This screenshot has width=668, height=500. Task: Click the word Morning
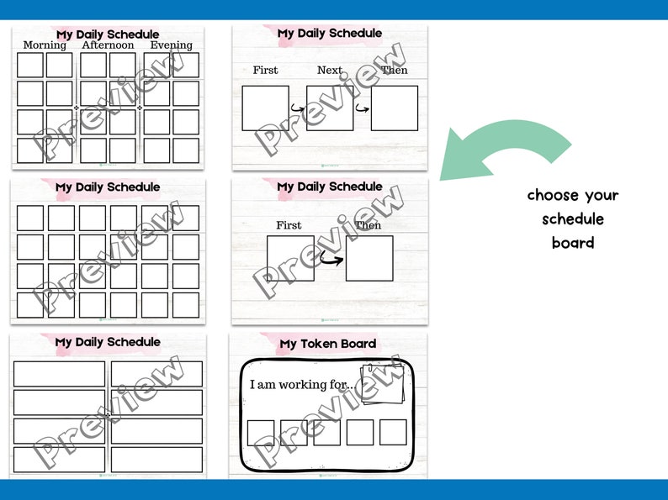pyautogui.click(x=45, y=45)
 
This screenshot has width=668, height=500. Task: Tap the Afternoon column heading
pyautogui.click(x=108, y=45)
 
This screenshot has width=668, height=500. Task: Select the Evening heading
pyautogui.click(x=171, y=45)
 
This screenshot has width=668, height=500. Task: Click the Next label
pyautogui.click(x=330, y=71)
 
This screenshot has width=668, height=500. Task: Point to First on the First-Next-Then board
pyautogui.click(x=265, y=71)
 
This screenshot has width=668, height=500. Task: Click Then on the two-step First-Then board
pyautogui.click(x=368, y=225)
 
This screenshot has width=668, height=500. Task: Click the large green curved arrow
pyautogui.click(x=505, y=151)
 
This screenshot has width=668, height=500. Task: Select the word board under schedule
pyautogui.click(x=573, y=243)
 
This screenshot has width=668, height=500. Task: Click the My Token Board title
pyautogui.click(x=328, y=344)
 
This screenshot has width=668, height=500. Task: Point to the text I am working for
pyautogui.click(x=302, y=385)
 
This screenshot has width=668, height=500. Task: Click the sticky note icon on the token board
pyautogui.click(x=383, y=385)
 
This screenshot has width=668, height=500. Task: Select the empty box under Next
pyautogui.click(x=330, y=108)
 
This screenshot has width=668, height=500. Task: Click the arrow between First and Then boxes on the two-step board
pyautogui.click(x=331, y=259)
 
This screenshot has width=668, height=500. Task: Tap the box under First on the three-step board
pyautogui.click(x=266, y=108)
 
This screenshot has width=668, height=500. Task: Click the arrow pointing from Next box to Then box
pyautogui.click(x=363, y=108)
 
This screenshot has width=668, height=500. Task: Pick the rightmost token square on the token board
pyautogui.click(x=393, y=432)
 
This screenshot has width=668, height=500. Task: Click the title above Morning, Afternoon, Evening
pyautogui.click(x=108, y=34)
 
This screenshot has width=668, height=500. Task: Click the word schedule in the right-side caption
pyautogui.click(x=573, y=219)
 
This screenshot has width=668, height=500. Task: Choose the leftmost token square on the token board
pyautogui.click(x=261, y=432)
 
